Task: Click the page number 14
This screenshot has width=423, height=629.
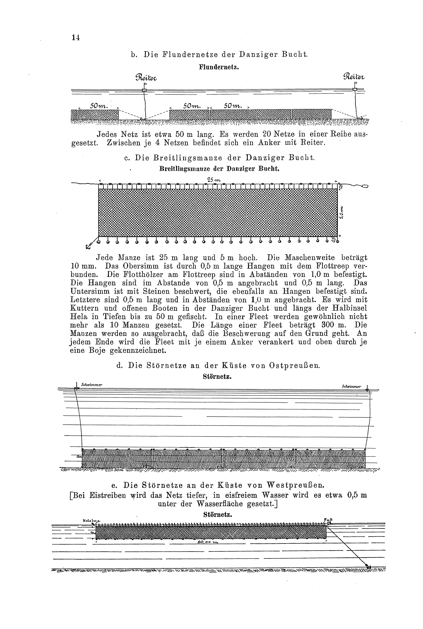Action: [x=76, y=38]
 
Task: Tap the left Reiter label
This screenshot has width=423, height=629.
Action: [x=146, y=78]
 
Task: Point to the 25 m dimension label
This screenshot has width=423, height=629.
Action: [x=214, y=180]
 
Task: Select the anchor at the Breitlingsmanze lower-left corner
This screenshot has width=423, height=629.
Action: [x=88, y=246]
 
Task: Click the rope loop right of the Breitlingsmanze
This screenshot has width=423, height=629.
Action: [x=364, y=186]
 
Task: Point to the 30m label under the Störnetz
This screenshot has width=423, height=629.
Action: [x=118, y=470]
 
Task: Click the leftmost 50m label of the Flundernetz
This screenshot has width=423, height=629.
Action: [x=99, y=106]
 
